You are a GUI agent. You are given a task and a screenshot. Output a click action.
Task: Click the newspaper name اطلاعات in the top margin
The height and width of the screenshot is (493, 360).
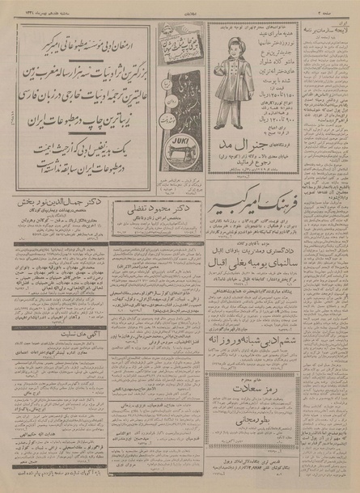tap(180, 7)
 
